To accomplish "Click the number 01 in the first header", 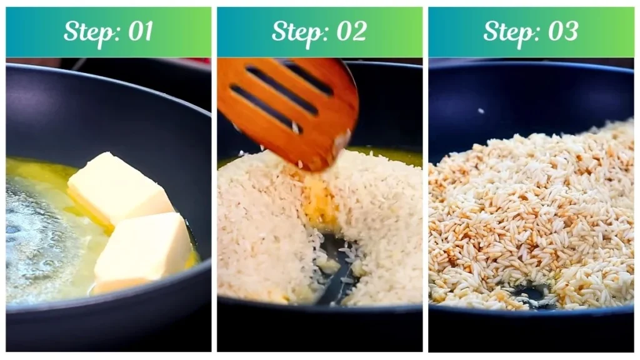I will [x=141, y=31].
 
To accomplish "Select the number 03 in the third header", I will [x=562, y=31].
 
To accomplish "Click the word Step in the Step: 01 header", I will [x=86, y=31].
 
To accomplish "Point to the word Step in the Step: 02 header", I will [x=295, y=31].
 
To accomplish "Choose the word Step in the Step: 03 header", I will [x=506, y=31].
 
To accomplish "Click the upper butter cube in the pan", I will [x=119, y=187].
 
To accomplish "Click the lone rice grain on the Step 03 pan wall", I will [x=480, y=111].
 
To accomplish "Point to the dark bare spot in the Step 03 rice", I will [x=531, y=294].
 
